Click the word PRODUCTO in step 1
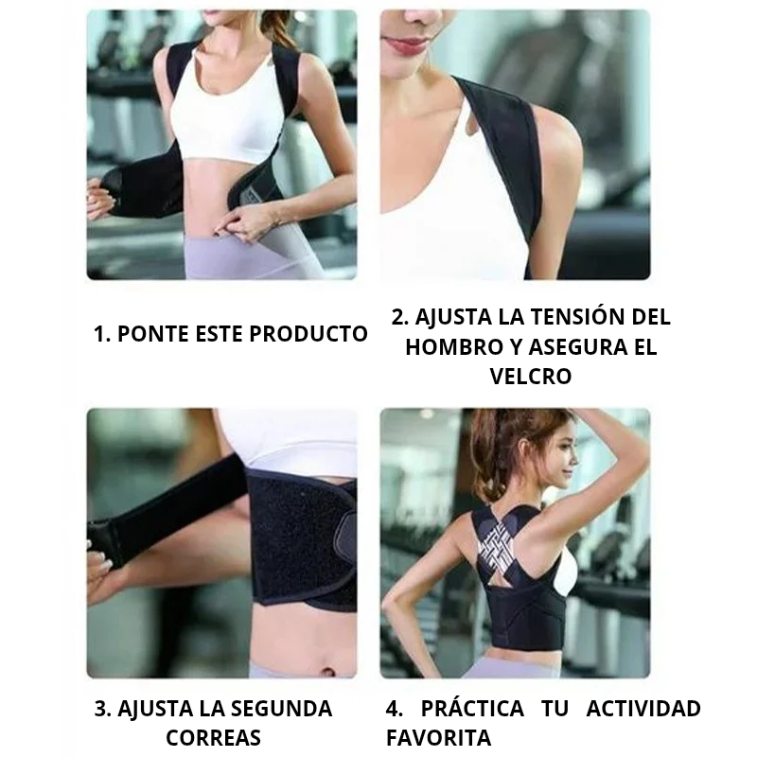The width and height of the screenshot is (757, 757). [x=308, y=334]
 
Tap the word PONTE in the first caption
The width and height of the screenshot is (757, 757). [x=153, y=334]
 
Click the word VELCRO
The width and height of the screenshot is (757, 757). [x=531, y=376]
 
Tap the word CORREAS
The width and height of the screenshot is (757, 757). [x=214, y=738]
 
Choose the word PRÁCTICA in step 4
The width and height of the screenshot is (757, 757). [x=472, y=708]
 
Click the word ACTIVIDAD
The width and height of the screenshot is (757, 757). [x=643, y=709]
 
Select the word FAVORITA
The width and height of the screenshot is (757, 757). [x=438, y=738]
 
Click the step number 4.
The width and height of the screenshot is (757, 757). [x=394, y=709]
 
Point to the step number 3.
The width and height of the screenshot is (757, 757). [x=102, y=709]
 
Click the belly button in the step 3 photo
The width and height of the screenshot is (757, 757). [x=327, y=672]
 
